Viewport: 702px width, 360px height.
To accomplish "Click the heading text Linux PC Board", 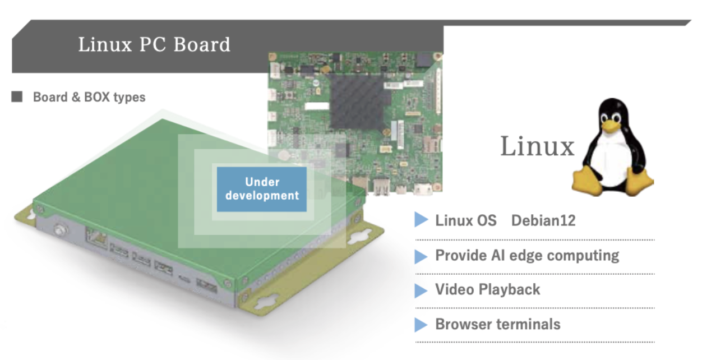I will pos(154,44).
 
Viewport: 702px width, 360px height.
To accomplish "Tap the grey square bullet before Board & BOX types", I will pos(17,97).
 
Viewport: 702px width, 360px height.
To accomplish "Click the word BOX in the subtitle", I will pos(98,97).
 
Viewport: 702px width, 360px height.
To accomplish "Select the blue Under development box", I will pos(262,189).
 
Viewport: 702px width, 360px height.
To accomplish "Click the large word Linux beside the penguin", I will pos(537,146).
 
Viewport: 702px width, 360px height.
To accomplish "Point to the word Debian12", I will pos(543,220).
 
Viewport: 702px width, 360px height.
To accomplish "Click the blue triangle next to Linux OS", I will pos(421,220).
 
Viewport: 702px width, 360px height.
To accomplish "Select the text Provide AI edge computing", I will pos(527,256).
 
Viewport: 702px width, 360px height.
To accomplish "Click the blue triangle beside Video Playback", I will pos(421,290).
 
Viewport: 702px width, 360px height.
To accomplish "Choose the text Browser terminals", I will pos(497,324).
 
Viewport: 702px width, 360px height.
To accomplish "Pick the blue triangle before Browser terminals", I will pos(421,325).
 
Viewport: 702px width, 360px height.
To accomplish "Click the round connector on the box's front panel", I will pos(59,230).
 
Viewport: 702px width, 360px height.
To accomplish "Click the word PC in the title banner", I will pos(153,44).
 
